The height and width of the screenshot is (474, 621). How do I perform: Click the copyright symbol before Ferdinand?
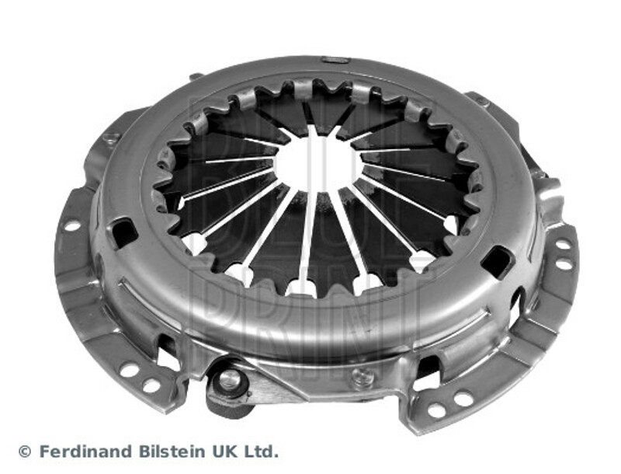pos(25,451)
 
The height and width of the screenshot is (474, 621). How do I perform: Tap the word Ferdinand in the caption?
pos(86,451)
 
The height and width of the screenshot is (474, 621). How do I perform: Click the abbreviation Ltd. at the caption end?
pos(259,451)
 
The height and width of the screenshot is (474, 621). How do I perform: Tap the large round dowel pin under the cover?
pos(228,379)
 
